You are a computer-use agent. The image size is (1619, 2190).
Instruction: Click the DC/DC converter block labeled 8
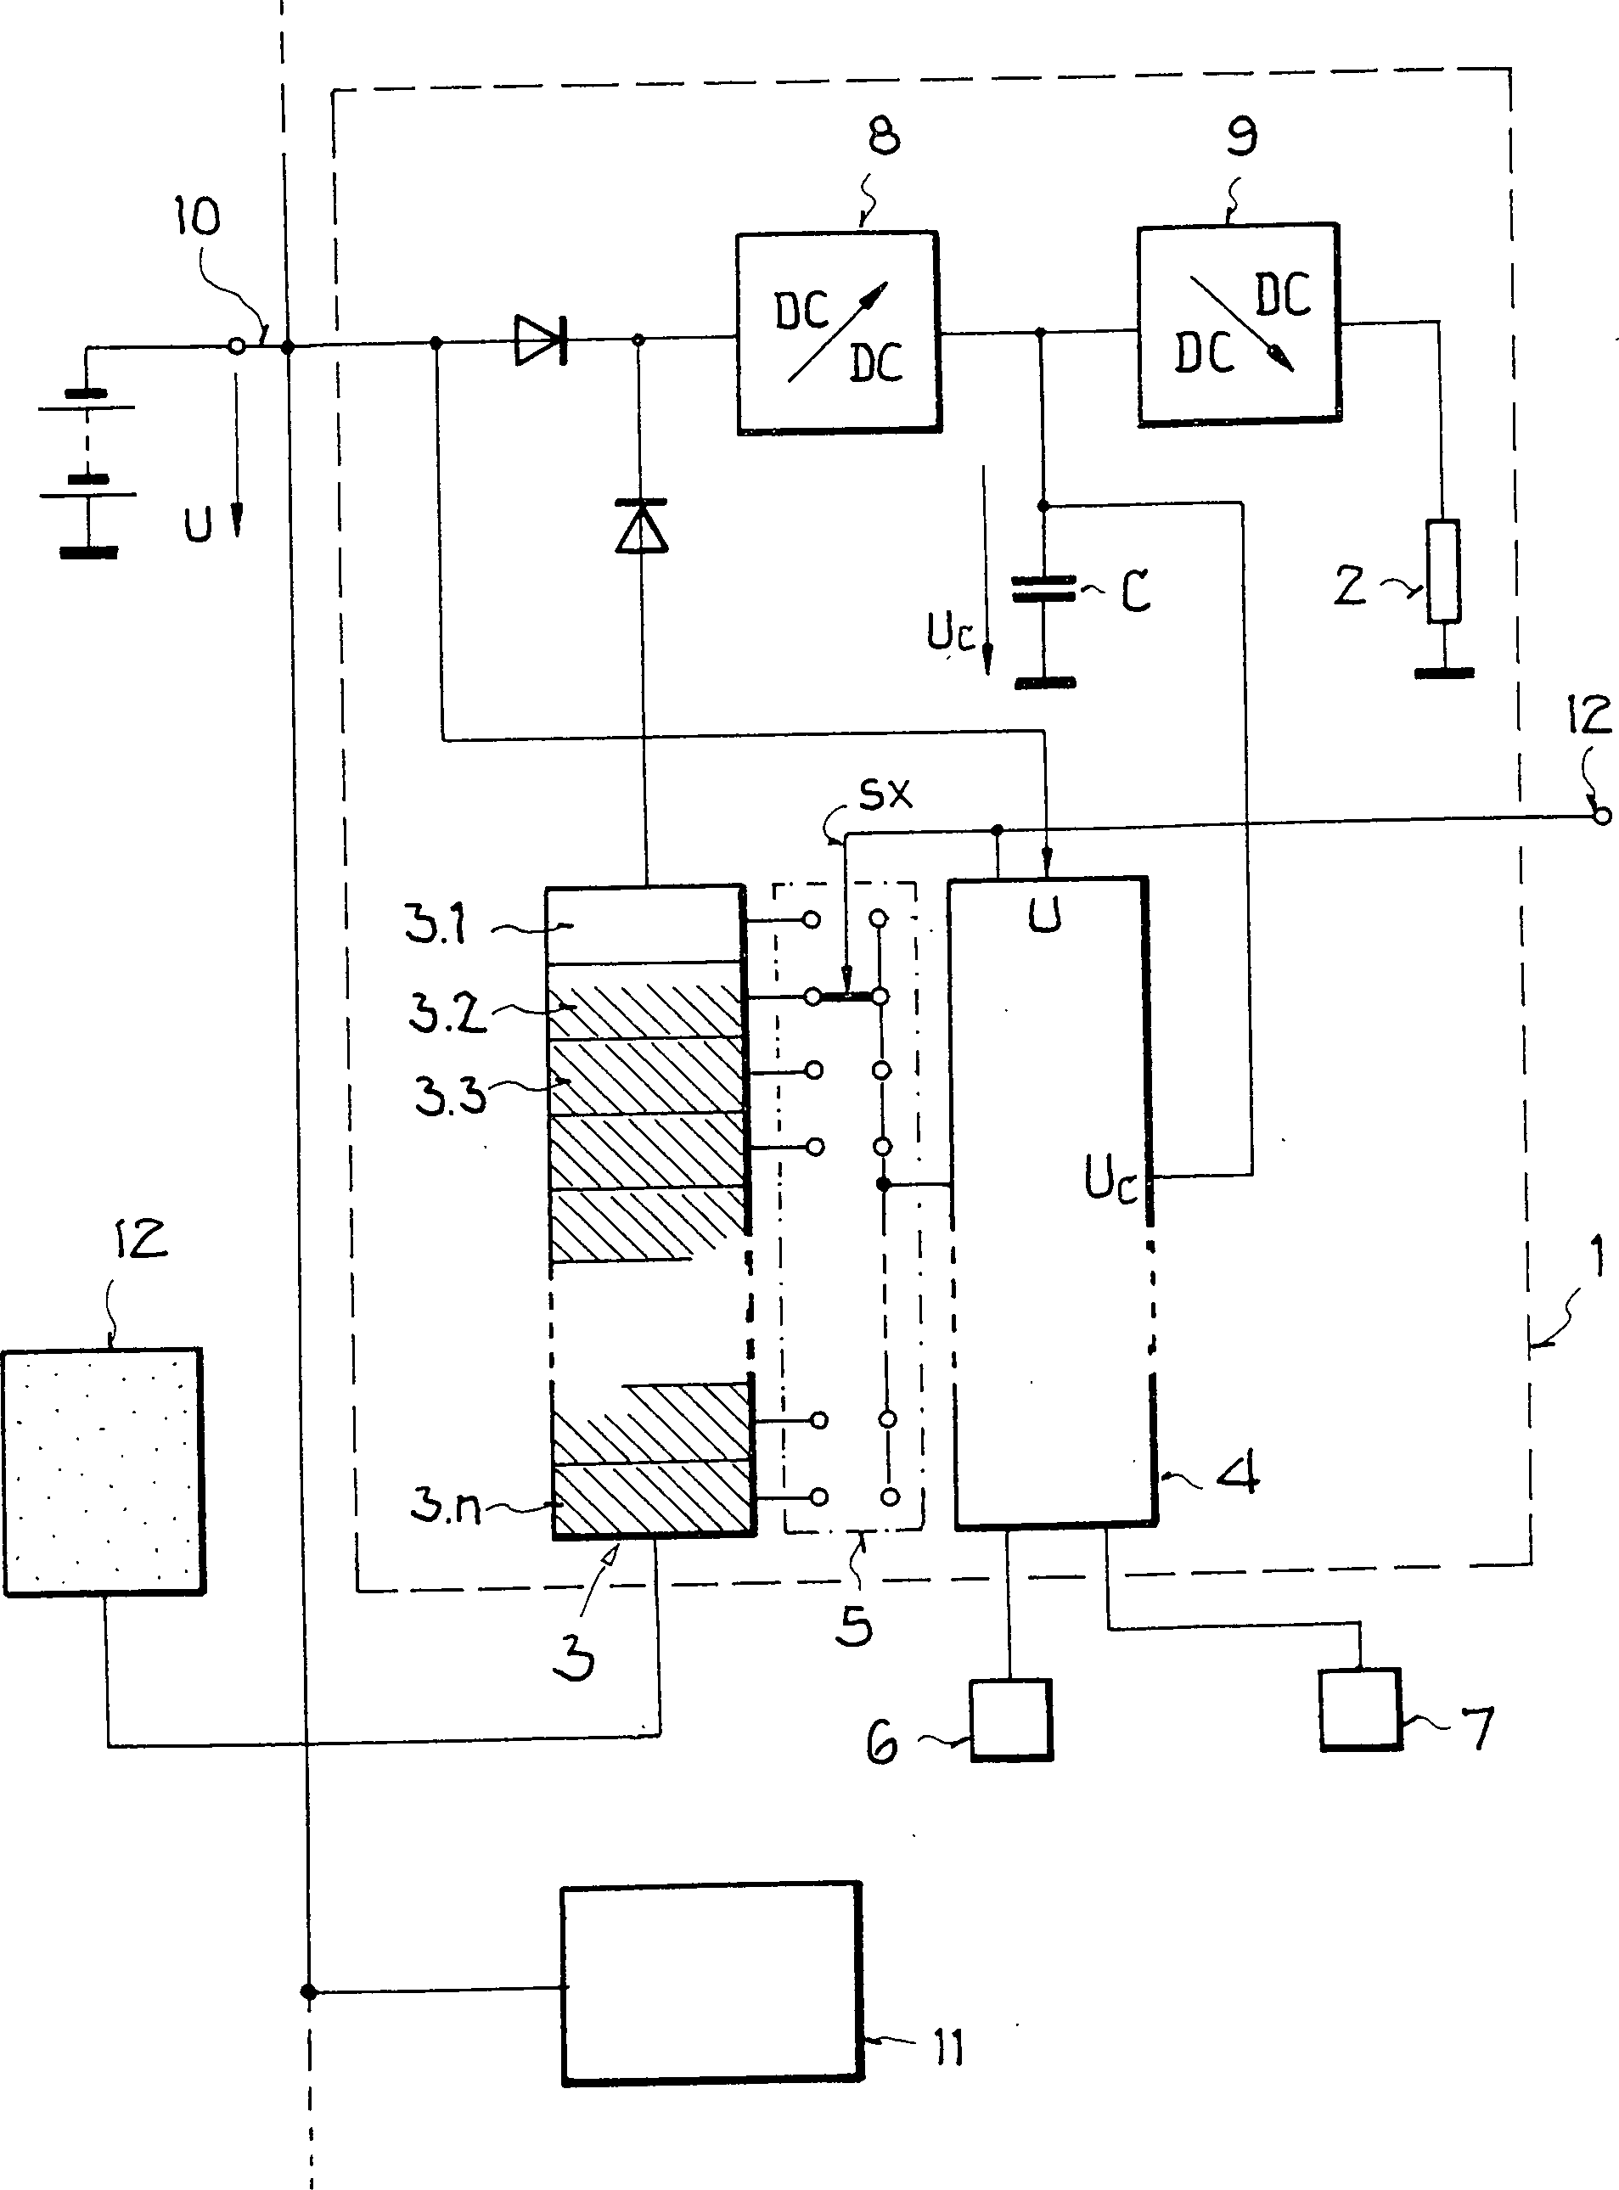(x=838, y=333)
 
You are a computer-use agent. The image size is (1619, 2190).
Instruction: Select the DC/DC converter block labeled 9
(x=1239, y=325)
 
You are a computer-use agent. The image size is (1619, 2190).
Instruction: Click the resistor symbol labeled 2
(x=1442, y=571)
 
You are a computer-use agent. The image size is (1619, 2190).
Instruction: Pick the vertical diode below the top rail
(x=641, y=526)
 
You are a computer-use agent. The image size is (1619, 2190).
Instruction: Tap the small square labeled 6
(x=1010, y=1721)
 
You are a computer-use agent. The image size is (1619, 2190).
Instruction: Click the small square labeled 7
(x=1359, y=1710)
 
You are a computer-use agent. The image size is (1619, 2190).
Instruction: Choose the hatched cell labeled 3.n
(x=653, y=1499)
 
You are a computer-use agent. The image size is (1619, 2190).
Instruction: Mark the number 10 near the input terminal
(x=197, y=216)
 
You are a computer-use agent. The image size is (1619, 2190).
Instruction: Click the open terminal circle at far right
(x=1601, y=814)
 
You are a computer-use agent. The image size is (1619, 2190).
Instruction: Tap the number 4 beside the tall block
(x=1238, y=1472)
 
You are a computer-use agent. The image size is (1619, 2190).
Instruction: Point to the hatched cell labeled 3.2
(x=645, y=1002)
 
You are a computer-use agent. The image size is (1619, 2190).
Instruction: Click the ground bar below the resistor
(x=1443, y=673)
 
